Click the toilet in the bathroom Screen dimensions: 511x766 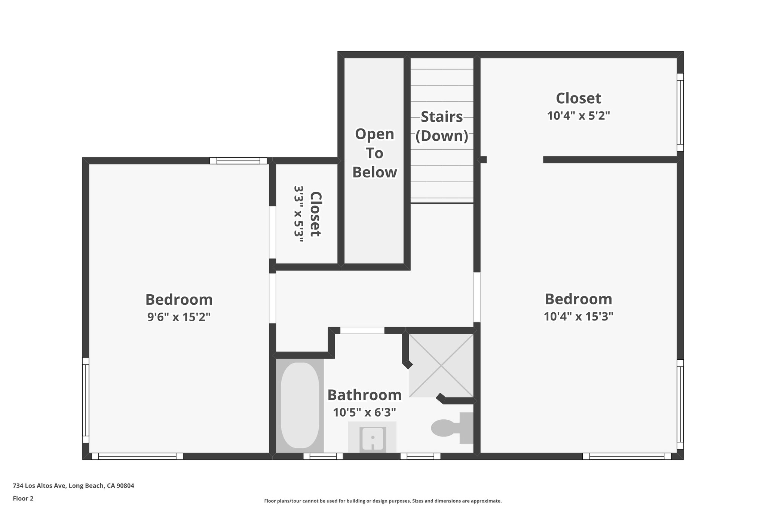[x=451, y=428]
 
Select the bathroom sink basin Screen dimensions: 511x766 [x=372, y=438]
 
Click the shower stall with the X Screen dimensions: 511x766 [x=441, y=365]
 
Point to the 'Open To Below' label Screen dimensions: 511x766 [x=374, y=153]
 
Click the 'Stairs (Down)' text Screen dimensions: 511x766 [x=442, y=127]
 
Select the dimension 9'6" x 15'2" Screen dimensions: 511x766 [x=179, y=317]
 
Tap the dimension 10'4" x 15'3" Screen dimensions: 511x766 [x=578, y=317]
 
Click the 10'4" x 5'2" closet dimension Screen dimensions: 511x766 [x=578, y=116]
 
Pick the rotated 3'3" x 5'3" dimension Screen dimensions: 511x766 [x=298, y=214]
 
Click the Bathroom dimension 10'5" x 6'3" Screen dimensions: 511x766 [x=364, y=413]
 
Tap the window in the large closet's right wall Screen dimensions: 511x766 [x=680, y=112]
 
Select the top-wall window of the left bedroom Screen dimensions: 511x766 [x=238, y=161]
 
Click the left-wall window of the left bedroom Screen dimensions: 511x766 [x=86, y=400]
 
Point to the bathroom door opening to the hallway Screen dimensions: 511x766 [x=362, y=331]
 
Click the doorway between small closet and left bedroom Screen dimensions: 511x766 [x=273, y=232]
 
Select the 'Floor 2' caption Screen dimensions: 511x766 [x=23, y=498]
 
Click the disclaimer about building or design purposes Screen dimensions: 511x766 [x=383, y=501]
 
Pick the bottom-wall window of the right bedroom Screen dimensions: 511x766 [x=626, y=456]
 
